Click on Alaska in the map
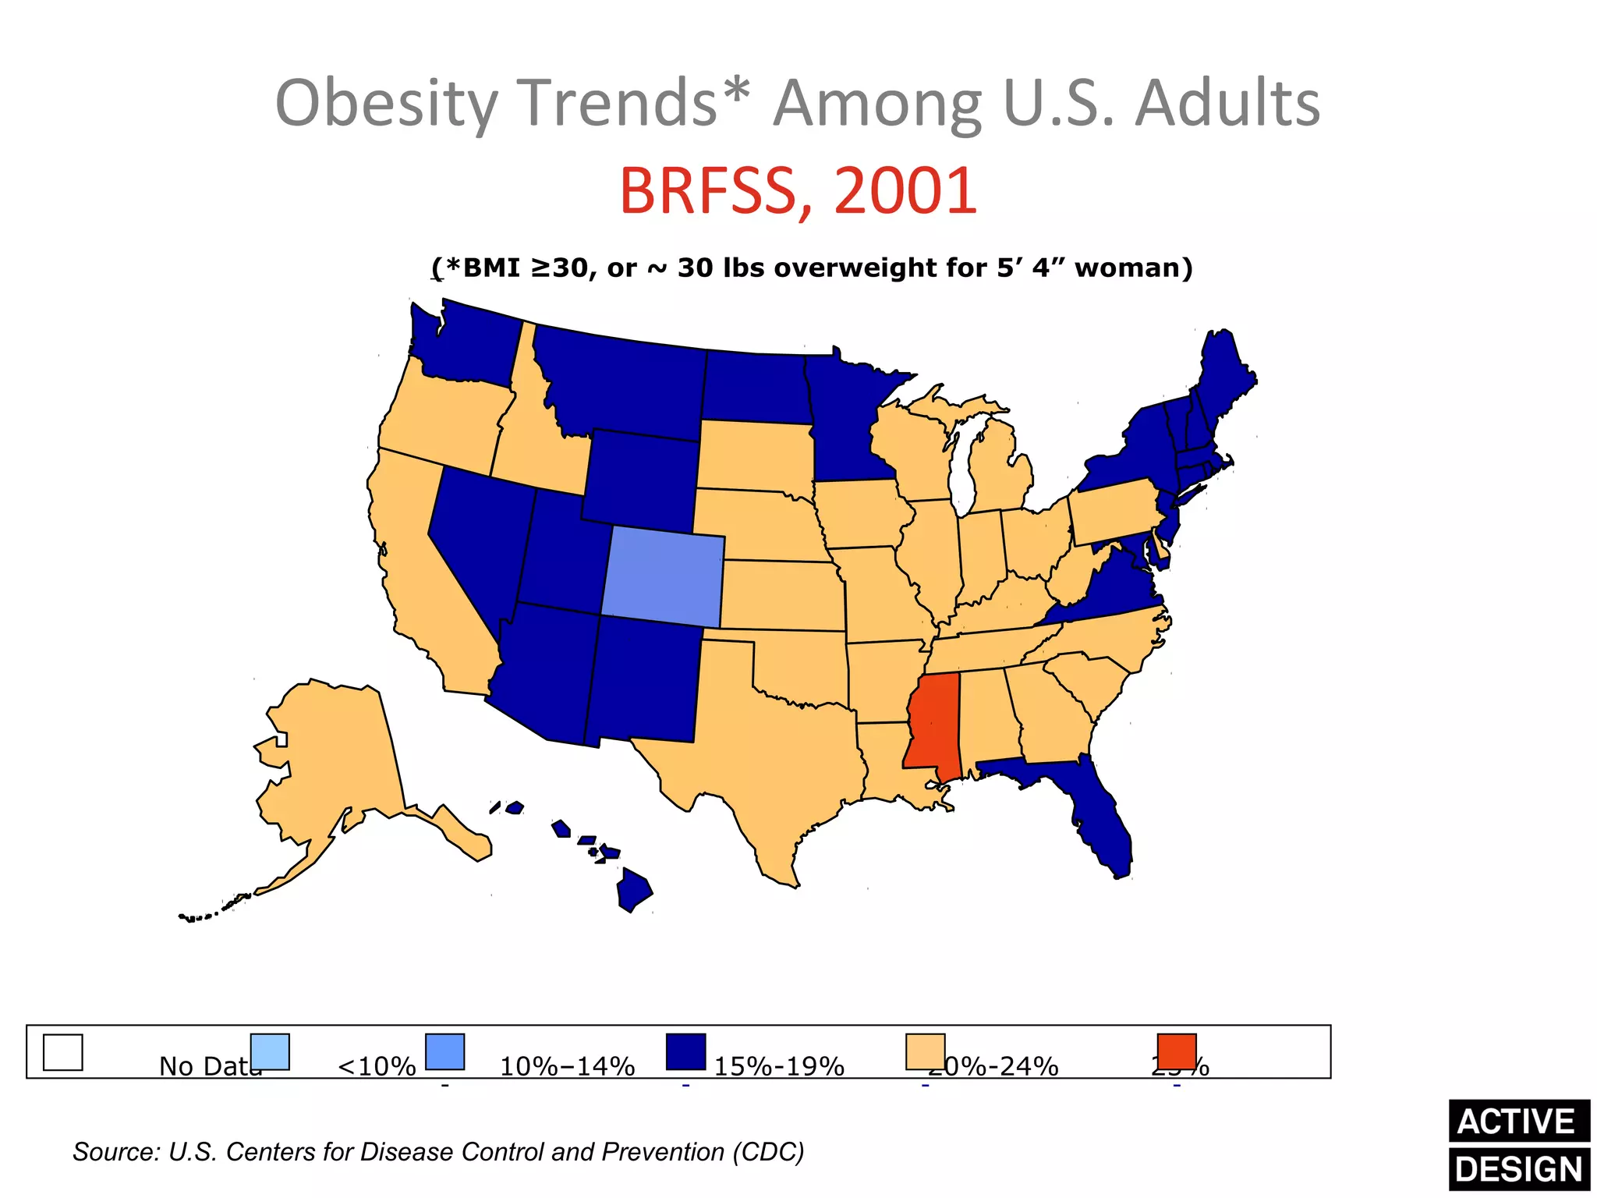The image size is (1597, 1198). click(335, 757)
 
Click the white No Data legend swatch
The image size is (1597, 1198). click(62, 1052)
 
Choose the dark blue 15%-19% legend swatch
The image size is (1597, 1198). click(685, 1051)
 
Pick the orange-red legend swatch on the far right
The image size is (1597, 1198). click(1176, 1051)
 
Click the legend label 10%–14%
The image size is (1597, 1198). click(567, 1066)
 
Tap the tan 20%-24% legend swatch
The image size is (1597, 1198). click(925, 1051)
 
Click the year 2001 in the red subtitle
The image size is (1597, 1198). click(905, 191)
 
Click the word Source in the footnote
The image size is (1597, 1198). click(115, 1152)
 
